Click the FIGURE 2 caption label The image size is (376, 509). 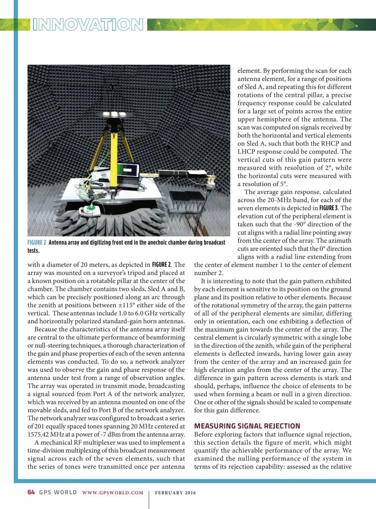tap(37, 243)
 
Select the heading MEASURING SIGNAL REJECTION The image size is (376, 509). tap(247, 426)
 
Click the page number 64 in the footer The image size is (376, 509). tap(31, 492)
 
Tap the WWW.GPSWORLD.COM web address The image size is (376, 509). tap(113, 493)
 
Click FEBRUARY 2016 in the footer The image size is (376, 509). tap(175, 493)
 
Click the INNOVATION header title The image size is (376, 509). tap(88, 24)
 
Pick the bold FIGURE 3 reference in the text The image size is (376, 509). tap(328, 208)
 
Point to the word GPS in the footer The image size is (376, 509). tap(45, 492)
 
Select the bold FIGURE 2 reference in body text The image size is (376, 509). tap(162, 265)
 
